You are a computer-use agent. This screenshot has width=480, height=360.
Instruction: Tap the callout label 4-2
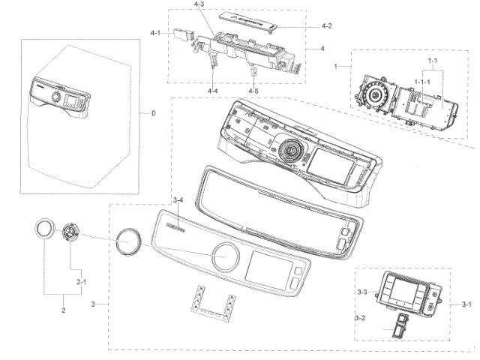(x=327, y=26)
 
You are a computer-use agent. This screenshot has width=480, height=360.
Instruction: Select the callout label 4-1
(x=156, y=33)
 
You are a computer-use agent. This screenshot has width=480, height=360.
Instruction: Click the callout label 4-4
(x=213, y=91)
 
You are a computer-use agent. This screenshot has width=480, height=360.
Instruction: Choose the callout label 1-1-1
(x=424, y=79)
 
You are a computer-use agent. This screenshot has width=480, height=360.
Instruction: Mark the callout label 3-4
(x=178, y=199)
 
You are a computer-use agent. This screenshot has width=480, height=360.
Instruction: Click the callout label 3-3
(x=361, y=291)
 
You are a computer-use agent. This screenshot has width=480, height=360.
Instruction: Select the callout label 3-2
(x=361, y=319)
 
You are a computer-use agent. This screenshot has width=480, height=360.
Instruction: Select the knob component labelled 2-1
(x=70, y=232)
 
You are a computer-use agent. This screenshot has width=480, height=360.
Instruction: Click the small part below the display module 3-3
(x=397, y=324)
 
